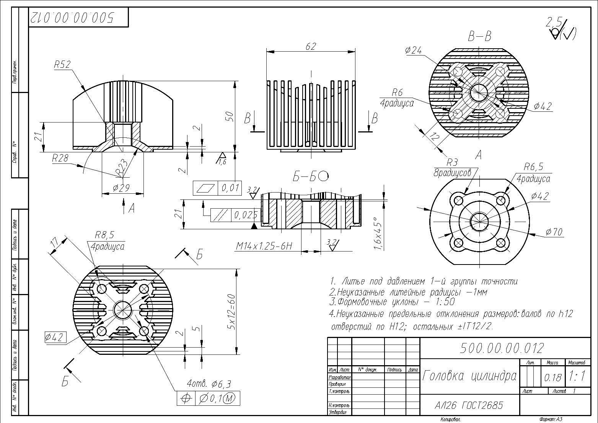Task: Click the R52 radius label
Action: click(x=62, y=65)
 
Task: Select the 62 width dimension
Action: click(x=311, y=46)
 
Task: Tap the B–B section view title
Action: click(x=479, y=37)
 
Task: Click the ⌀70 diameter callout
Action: click(x=554, y=232)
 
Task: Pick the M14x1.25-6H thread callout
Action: click(x=264, y=246)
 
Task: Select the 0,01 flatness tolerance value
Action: click(x=230, y=188)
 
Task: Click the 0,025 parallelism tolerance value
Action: click(x=246, y=215)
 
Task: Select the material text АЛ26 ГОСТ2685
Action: click(x=469, y=405)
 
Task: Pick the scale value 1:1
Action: click(x=577, y=377)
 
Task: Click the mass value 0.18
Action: click(x=552, y=378)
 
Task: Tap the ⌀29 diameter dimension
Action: click(x=121, y=188)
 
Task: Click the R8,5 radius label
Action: click(x=104, y=235)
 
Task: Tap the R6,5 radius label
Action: click(x=533, y=167)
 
